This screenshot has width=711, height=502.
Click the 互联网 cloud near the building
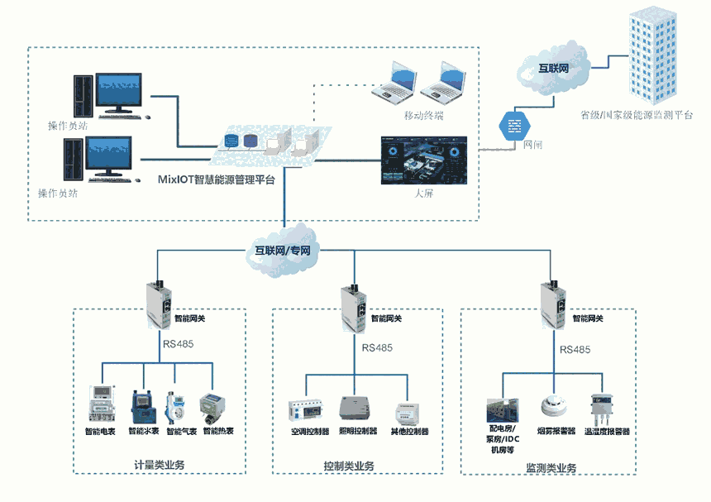pos(553,67)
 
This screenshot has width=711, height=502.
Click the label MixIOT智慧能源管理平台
pos(217,178)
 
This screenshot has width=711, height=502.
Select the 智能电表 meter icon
pos(101,403)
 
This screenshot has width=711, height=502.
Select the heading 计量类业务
pos(159,465)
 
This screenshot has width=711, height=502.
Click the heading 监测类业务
pos(551,468)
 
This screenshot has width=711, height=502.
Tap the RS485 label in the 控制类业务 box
pos(378,347)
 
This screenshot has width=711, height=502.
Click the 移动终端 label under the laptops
pos(423,116)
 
